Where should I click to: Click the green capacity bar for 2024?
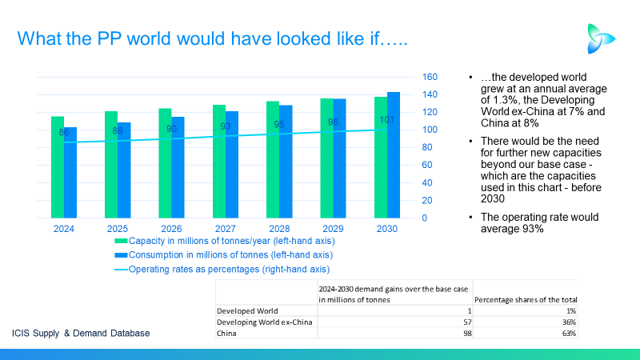(58, 167)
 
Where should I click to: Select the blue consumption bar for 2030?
(394, 155)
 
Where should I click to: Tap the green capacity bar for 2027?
(219, 162)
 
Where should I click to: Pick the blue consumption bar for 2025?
(124, 170)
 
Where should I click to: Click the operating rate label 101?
(386, 120)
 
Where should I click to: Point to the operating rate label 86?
(64, 132)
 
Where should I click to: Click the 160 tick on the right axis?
(430, 77)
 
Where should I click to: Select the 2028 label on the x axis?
(279, 229)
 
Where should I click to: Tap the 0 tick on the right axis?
(425, 218)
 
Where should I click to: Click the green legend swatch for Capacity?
(122, 241)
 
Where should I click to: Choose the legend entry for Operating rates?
(229, 270)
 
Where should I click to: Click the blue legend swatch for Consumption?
(122, 255)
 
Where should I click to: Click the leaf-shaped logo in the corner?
(601, 38)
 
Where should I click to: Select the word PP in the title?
(109, 38)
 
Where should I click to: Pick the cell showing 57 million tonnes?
(467, 322)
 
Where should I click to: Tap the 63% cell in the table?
(569, 334)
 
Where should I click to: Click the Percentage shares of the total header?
(526, 299)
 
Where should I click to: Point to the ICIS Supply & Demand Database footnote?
(81, 333)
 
